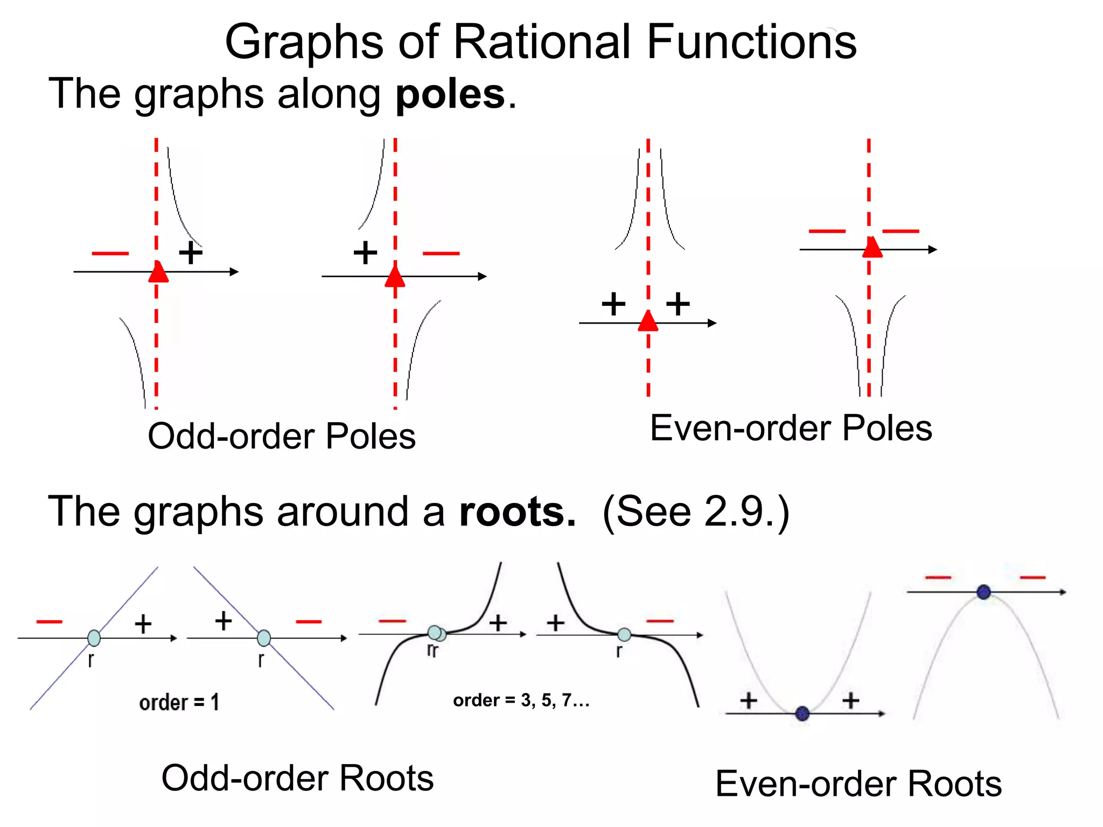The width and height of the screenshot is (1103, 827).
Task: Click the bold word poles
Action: [x=450, y=95]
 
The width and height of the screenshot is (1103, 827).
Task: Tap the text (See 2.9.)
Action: [x=695, y=513]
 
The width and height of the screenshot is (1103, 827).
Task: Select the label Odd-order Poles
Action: [x=282, y=436]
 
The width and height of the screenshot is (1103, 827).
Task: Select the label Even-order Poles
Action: [x=791, y=429]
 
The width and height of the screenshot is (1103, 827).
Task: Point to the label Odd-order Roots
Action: [x=297, y=779]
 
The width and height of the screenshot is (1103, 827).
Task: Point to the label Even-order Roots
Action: [x=858, y=784]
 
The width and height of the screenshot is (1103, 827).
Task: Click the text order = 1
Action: [x=179, y=703]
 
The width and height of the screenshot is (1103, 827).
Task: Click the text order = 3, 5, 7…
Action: [x=521, y=700]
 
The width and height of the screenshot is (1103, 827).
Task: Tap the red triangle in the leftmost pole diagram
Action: [x=158, y=272]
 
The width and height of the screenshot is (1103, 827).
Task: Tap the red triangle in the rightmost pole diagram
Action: [x=872, y=248]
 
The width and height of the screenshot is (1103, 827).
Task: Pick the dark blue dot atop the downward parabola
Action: [x=983, y=592]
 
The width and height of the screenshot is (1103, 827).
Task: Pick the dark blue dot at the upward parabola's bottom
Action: [x=802, y=714]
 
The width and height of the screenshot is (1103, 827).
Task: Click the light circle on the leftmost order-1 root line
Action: [x=94, y=638]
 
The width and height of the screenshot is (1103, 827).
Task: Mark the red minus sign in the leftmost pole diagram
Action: [x=110, y=253]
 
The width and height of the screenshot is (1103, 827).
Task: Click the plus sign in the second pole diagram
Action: [x=365, y=253]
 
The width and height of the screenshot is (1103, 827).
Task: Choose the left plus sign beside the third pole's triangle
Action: [x=613, y=304]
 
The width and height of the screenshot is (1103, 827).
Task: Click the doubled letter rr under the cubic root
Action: [x=432, y=650]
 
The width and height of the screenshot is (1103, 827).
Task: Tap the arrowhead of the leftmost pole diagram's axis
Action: [x=234, y=272]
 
